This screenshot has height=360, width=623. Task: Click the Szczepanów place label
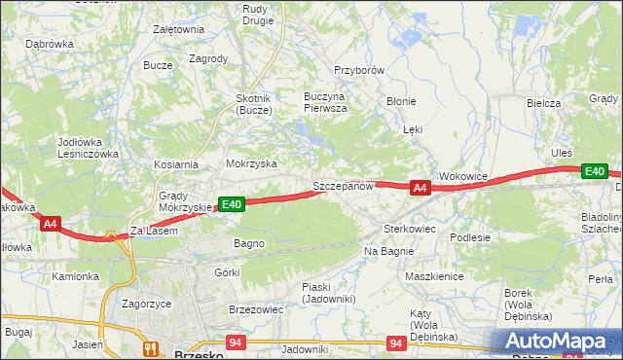[x=343, y=186]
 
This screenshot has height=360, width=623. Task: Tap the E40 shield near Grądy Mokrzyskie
[x=231, y=204]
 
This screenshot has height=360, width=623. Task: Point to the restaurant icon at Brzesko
[x=150, y=347]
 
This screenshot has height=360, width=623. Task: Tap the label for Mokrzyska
[x=251, y=164]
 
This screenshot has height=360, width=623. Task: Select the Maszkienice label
[x=433, y=276]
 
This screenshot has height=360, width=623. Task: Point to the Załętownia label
[x=178, y=29]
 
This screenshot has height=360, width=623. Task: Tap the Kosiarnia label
[x=175, y=164]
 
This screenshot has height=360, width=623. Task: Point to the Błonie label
[x=400, y=101]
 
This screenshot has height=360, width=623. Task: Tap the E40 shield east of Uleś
[x=594, y=171]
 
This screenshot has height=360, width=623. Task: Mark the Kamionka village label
[x=76, y=276]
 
